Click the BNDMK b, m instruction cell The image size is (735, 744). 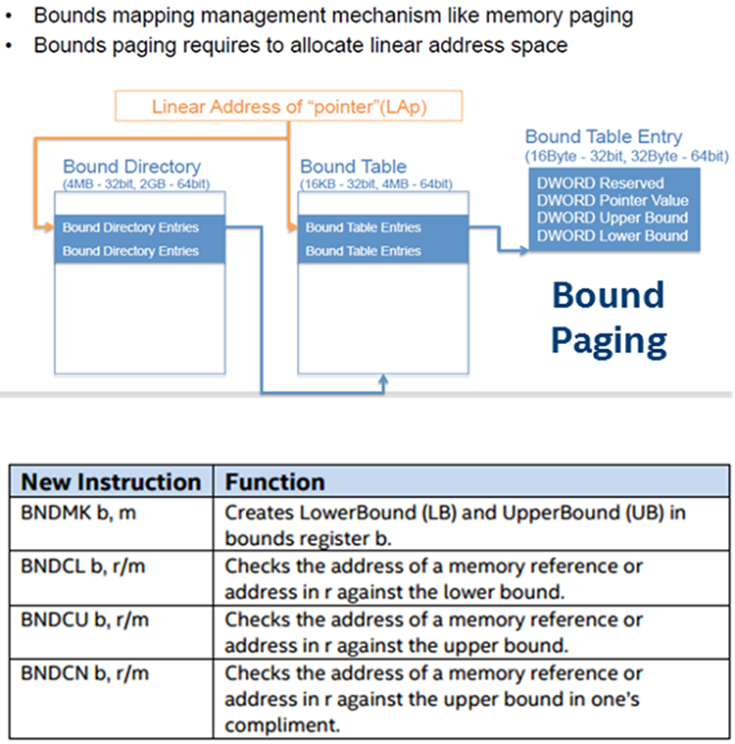click(x=67, y=512)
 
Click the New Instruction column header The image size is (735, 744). click(x=111, y=481)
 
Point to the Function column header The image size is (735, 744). click(x=275, y=481)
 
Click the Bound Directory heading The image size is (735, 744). click(x=131, y=167)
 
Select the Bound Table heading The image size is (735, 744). click(x=354, y=167)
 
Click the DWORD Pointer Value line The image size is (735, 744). click(x=612, y=201)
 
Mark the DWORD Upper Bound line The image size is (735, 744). click(x=612, y=218)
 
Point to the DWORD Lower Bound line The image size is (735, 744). click(x=612, y=235)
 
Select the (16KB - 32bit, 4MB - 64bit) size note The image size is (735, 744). click(x=375, y=183)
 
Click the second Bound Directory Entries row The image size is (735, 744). click(x=130, y=251)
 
